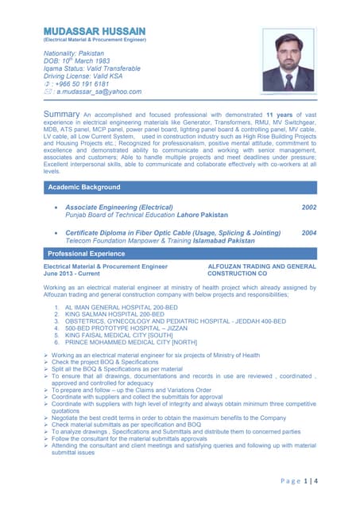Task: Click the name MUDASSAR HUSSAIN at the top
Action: coord(95,30)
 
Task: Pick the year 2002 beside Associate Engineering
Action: coord(309,207)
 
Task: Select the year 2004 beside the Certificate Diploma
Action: coord(309,233)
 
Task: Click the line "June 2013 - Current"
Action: coord(73,274)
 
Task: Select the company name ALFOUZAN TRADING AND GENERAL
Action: coord(261,266)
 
